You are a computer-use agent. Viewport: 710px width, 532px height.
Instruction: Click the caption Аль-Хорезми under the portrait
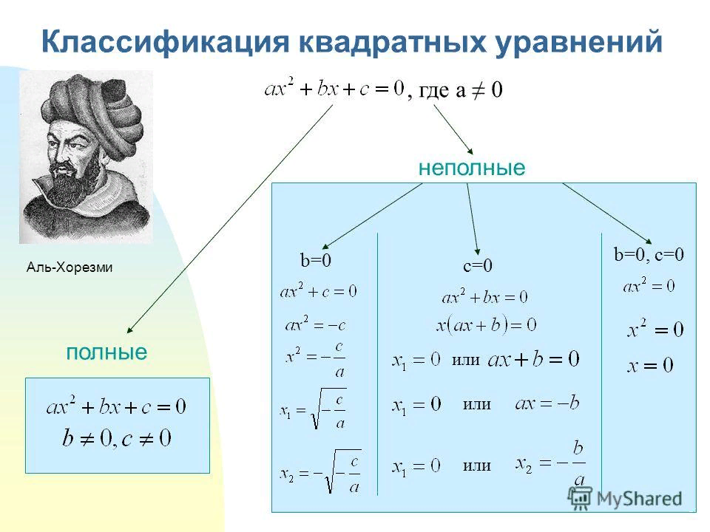tap(70, 267)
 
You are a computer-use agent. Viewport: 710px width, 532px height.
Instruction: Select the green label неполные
tap(472, 168)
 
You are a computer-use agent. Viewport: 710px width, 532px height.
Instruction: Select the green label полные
tap(106, 352)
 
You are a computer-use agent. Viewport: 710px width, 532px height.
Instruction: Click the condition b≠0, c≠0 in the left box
tap(117, 438)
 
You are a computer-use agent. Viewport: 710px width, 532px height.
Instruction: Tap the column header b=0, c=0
tap(649, 255)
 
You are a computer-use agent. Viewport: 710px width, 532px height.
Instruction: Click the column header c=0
tap(477, 265)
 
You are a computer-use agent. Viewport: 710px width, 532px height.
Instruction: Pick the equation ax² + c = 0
tap(318, 290)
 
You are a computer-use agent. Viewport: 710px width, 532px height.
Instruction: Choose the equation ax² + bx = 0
tap(484, 296)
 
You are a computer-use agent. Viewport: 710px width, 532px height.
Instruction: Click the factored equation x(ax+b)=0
tap(487, 325)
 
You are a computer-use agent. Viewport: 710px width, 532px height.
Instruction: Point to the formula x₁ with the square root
tap(313, 409)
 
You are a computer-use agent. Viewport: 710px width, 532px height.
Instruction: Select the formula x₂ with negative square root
tap(320, 471)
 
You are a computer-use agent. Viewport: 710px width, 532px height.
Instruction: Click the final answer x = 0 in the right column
tap(650, 364)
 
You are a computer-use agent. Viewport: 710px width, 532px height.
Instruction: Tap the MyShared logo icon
tap(580, 498)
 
